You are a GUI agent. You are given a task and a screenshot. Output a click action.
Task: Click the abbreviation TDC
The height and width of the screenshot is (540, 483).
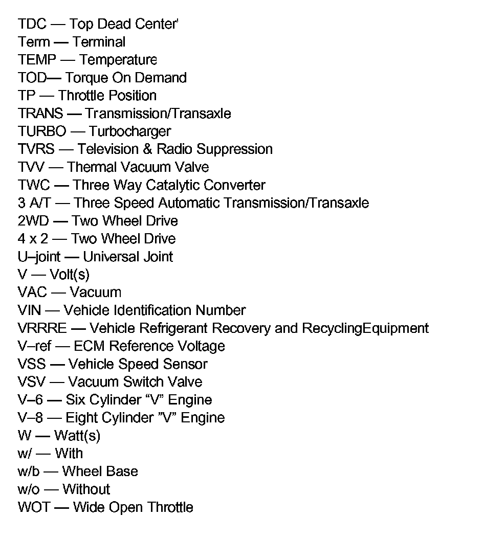coord(32,24)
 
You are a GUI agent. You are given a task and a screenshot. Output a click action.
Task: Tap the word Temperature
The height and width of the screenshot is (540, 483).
coord(118,60)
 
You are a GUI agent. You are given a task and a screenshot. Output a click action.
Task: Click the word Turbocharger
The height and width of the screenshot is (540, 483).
coord(129,131)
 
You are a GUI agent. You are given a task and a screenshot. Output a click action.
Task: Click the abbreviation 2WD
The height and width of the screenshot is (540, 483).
coord(33,221)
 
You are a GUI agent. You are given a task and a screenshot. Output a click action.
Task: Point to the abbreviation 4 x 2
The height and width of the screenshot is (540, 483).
coord(32,239)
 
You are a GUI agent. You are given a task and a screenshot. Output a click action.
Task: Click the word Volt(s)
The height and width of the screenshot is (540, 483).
coord(70,275)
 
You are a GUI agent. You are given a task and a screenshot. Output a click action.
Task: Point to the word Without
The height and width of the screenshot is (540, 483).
coord(86,489)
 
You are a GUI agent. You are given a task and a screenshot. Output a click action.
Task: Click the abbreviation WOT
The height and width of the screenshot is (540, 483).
coord(33,507)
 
